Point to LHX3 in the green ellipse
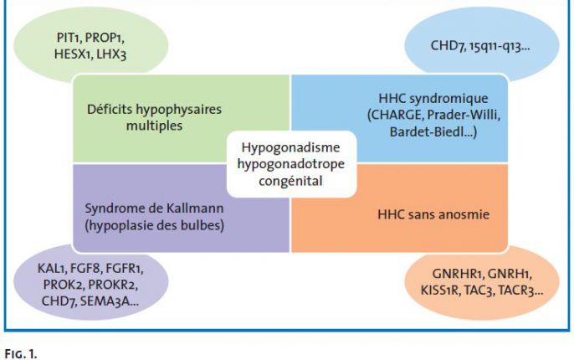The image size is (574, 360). click(x=111, y=54)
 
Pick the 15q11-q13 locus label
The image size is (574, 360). click(x=498, y=46)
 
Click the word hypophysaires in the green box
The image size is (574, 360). click(x=179, y=110)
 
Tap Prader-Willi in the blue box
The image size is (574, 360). click(x=464, y=115)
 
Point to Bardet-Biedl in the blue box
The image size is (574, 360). click(x=429, y=131)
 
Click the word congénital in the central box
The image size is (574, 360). click(x=290, y=181)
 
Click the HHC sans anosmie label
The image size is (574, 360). click(x=433, y=214)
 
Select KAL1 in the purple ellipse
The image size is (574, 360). click(x=51, y=269)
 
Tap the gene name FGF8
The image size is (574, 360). click(x=85, y=269)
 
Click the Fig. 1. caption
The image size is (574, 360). click(x=21, y=354)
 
